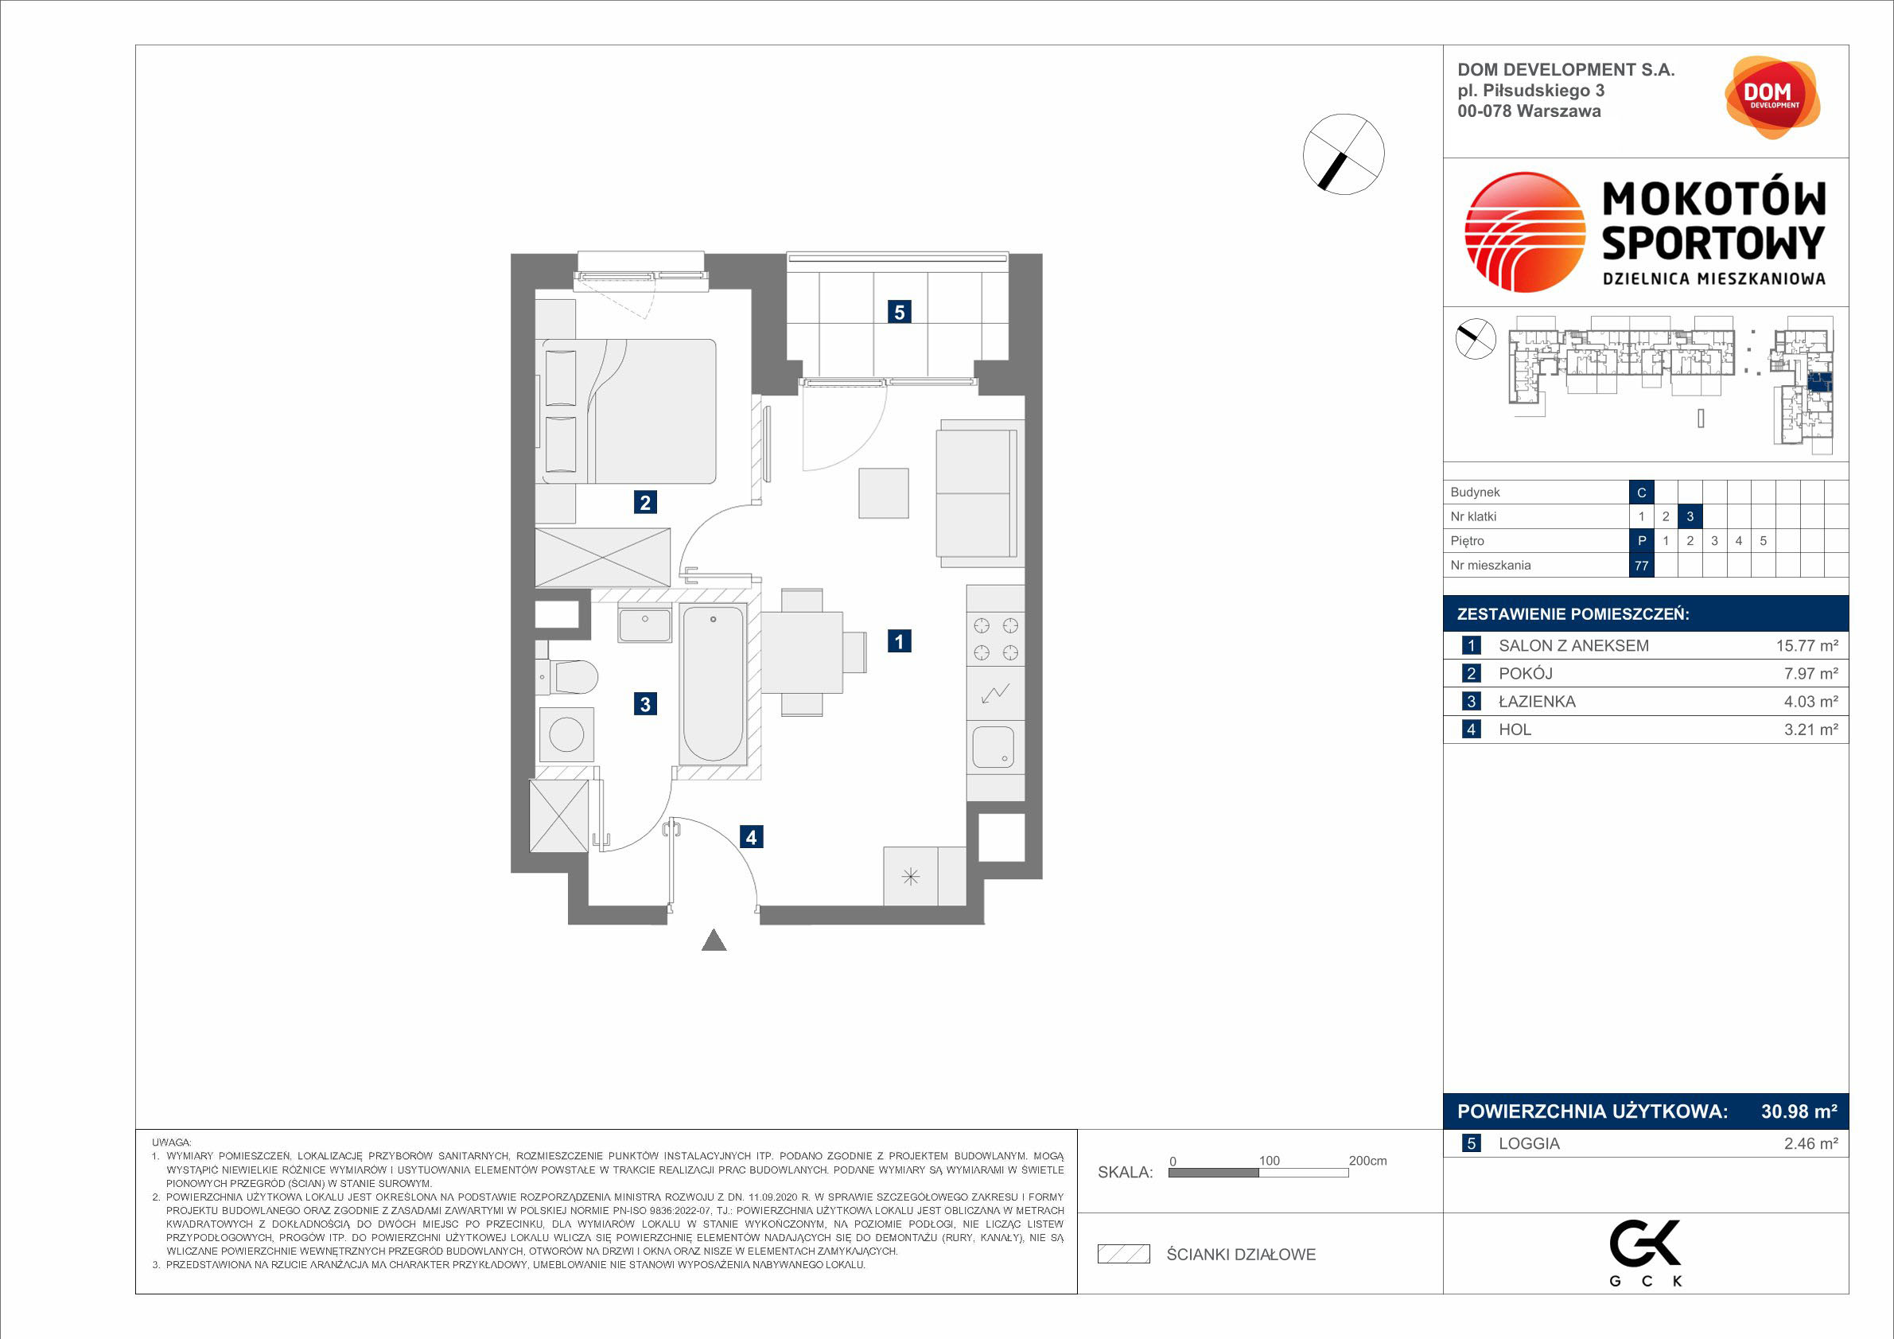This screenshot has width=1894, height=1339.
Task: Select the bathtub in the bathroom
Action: (x=714, y=684)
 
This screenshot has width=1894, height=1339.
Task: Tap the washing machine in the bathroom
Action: (x=566, y=734)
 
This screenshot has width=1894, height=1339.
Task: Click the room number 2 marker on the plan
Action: (x=645, y=501)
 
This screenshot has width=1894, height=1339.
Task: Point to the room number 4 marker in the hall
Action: (x=751, y=836)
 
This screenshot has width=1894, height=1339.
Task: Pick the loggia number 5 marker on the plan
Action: (x=899, y=312)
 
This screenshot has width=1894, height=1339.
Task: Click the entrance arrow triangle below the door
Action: (x=714, y=940)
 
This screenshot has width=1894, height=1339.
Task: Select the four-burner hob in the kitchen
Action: (x=996, y=640)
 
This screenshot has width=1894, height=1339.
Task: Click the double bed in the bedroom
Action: (x=626, y=411)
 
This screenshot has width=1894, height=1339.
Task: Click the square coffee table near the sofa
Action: (x=884, y=493)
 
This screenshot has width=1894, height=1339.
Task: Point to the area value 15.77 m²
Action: (x=1806, y=646)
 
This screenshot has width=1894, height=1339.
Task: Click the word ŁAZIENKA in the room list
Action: (x=1537, y=701)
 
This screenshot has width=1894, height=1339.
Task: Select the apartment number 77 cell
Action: (x=1642, y=565)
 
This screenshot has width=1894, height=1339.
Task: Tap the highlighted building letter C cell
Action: (x=1642, y=492)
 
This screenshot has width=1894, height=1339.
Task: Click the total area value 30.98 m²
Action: (x=1799, y=1111)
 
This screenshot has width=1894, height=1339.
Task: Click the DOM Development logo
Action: (x=1772, y=97)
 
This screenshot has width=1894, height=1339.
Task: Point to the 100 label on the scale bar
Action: (x=1269, y=1161)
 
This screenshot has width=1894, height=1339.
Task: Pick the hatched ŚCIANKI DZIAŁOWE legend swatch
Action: (x=1123, y=1254)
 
